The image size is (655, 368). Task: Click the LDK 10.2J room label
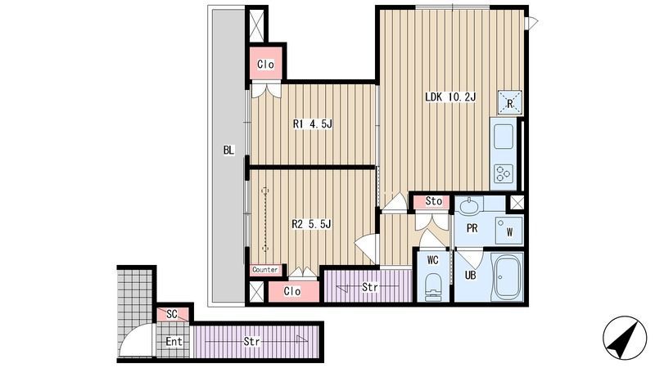(450, 97)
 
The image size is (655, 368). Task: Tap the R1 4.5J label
(313, 124)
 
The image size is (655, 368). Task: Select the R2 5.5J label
(312, 224)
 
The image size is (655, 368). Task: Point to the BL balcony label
(228, 150)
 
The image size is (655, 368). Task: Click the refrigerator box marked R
(509, 103)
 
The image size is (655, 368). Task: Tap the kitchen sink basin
(503, 137)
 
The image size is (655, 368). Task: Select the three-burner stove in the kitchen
(504, 174)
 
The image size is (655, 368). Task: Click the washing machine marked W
(508, 231)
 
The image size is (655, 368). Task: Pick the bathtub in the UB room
(507, 277)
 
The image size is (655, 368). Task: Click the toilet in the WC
(433, 286)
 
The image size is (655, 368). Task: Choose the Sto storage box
(432, 201)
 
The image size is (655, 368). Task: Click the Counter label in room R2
(264, 270)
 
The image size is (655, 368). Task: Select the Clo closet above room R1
(265, 64)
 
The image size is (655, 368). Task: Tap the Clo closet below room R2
(293, 291)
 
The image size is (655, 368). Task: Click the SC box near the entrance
(172, 314)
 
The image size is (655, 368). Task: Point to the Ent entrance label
(174, 342)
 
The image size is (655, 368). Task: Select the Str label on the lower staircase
(252, 342)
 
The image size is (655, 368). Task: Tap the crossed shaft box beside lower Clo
(256, 291)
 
